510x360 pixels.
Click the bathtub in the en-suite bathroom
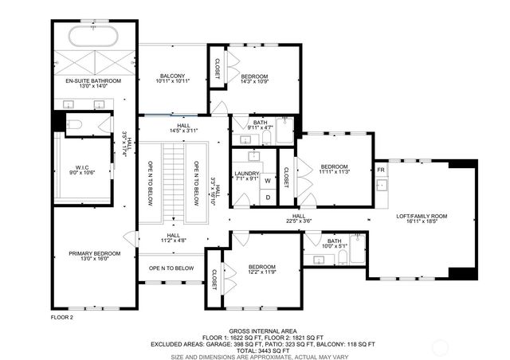point(93,37)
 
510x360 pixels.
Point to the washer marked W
point(268,181)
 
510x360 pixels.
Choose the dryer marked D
point(268,197)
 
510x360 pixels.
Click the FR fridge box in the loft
point(381,171)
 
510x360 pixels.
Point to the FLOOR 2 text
point(61,317)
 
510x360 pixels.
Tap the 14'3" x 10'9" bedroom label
point(255,79)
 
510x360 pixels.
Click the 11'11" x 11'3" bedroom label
point(335,168)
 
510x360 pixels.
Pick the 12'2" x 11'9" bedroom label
point(261,270)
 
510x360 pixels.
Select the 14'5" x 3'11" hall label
point(183,127)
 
